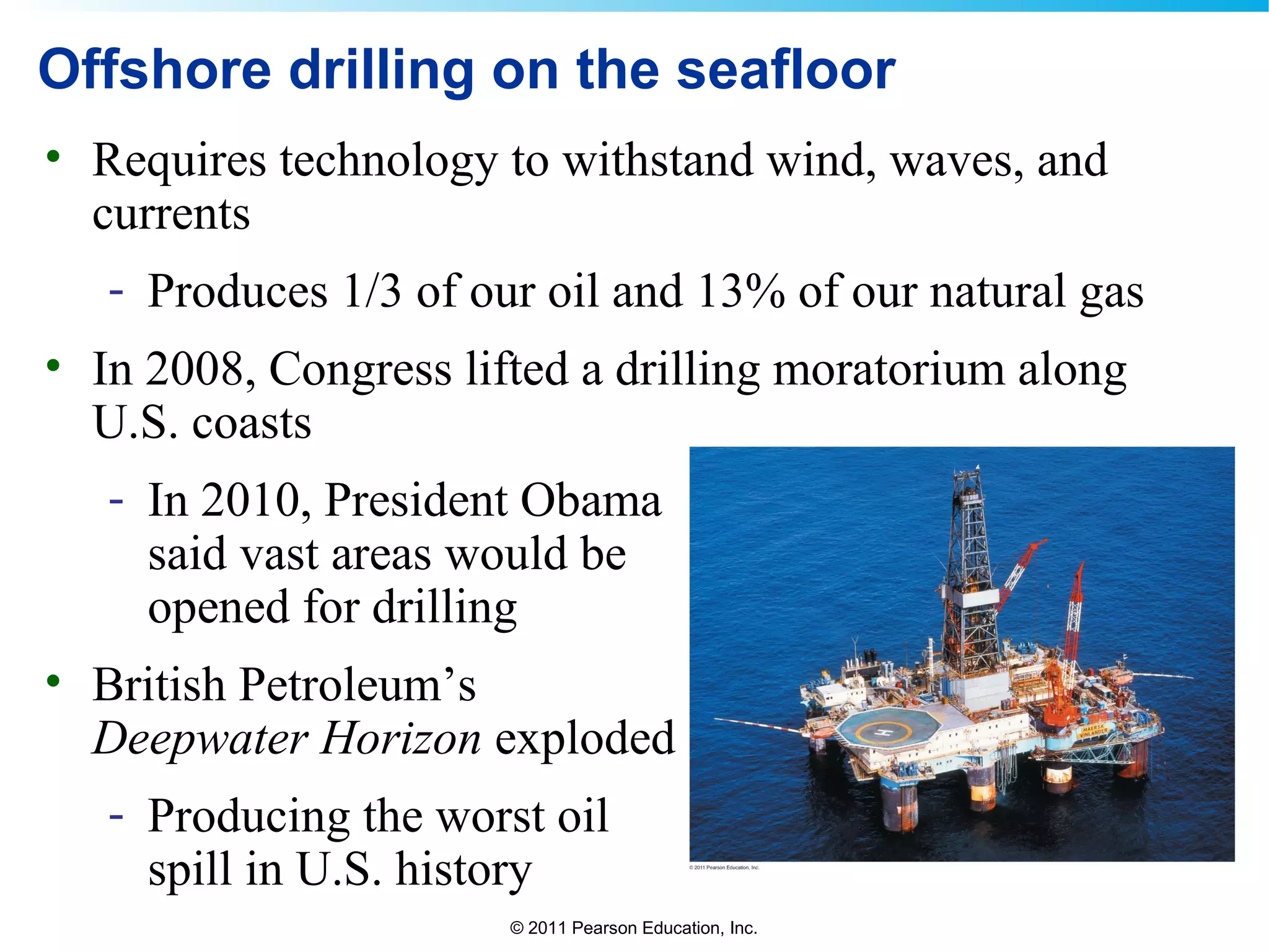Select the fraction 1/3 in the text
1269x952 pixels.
click(372, 291)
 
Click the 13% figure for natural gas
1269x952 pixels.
click(740, 291)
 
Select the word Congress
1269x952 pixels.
click(360, 371)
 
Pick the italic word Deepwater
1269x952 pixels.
click(200, 739)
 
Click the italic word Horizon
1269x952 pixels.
click(400, 739)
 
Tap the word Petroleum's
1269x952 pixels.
click(357, 685)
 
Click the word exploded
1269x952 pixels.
click(584, 739)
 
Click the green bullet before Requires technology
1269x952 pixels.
click(53, 156)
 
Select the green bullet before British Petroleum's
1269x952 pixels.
click(53, 681)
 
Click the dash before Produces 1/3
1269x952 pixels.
click(116, 291)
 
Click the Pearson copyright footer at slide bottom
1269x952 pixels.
click(633, 928)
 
